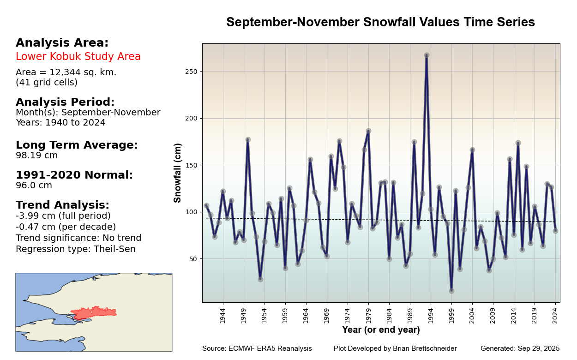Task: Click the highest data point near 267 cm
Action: click(x=427, y=55)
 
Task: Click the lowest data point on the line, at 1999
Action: click(x=451, y=291)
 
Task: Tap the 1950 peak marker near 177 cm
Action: click(x=248, y=139)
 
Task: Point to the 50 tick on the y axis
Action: click(x=194, y=258)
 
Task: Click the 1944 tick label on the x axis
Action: click(x=222, y=316)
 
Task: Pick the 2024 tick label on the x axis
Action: click(x=555, y=316)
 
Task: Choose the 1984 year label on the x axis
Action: click(x=389, y=316)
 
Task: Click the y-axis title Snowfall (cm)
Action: click(x=178, y=173)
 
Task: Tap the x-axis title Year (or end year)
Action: click(x=381, y=330)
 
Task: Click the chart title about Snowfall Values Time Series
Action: click(x=380, y=22)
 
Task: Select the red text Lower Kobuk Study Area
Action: click(x=78, y=57)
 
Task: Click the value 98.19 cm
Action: click(x=37, y=156)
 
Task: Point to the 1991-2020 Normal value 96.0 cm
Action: click(x=34, y=186)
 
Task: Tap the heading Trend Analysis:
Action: click(x=62, y=205)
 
